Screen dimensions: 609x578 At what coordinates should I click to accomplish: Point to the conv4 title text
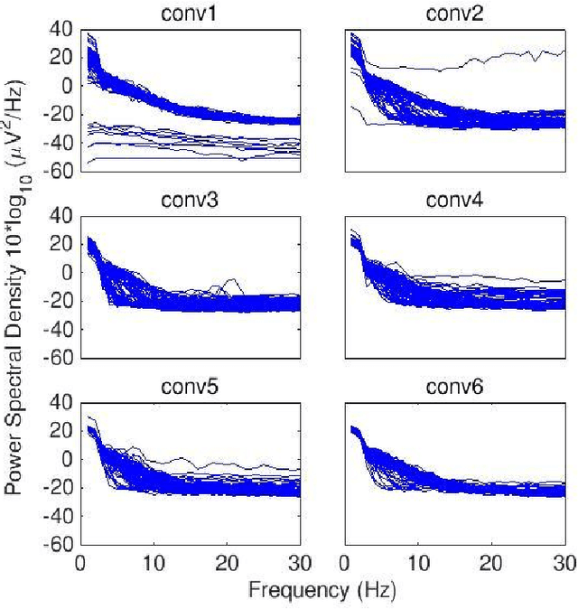point(461,201)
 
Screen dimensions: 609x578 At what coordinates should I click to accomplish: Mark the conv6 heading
point(461,388)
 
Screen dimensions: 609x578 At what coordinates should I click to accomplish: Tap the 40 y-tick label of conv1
point(60,28)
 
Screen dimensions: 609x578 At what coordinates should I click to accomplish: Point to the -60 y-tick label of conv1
point(56,172)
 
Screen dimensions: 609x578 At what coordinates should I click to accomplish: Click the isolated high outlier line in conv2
point(452,67)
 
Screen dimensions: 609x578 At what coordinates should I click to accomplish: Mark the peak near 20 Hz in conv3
point(234,280)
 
